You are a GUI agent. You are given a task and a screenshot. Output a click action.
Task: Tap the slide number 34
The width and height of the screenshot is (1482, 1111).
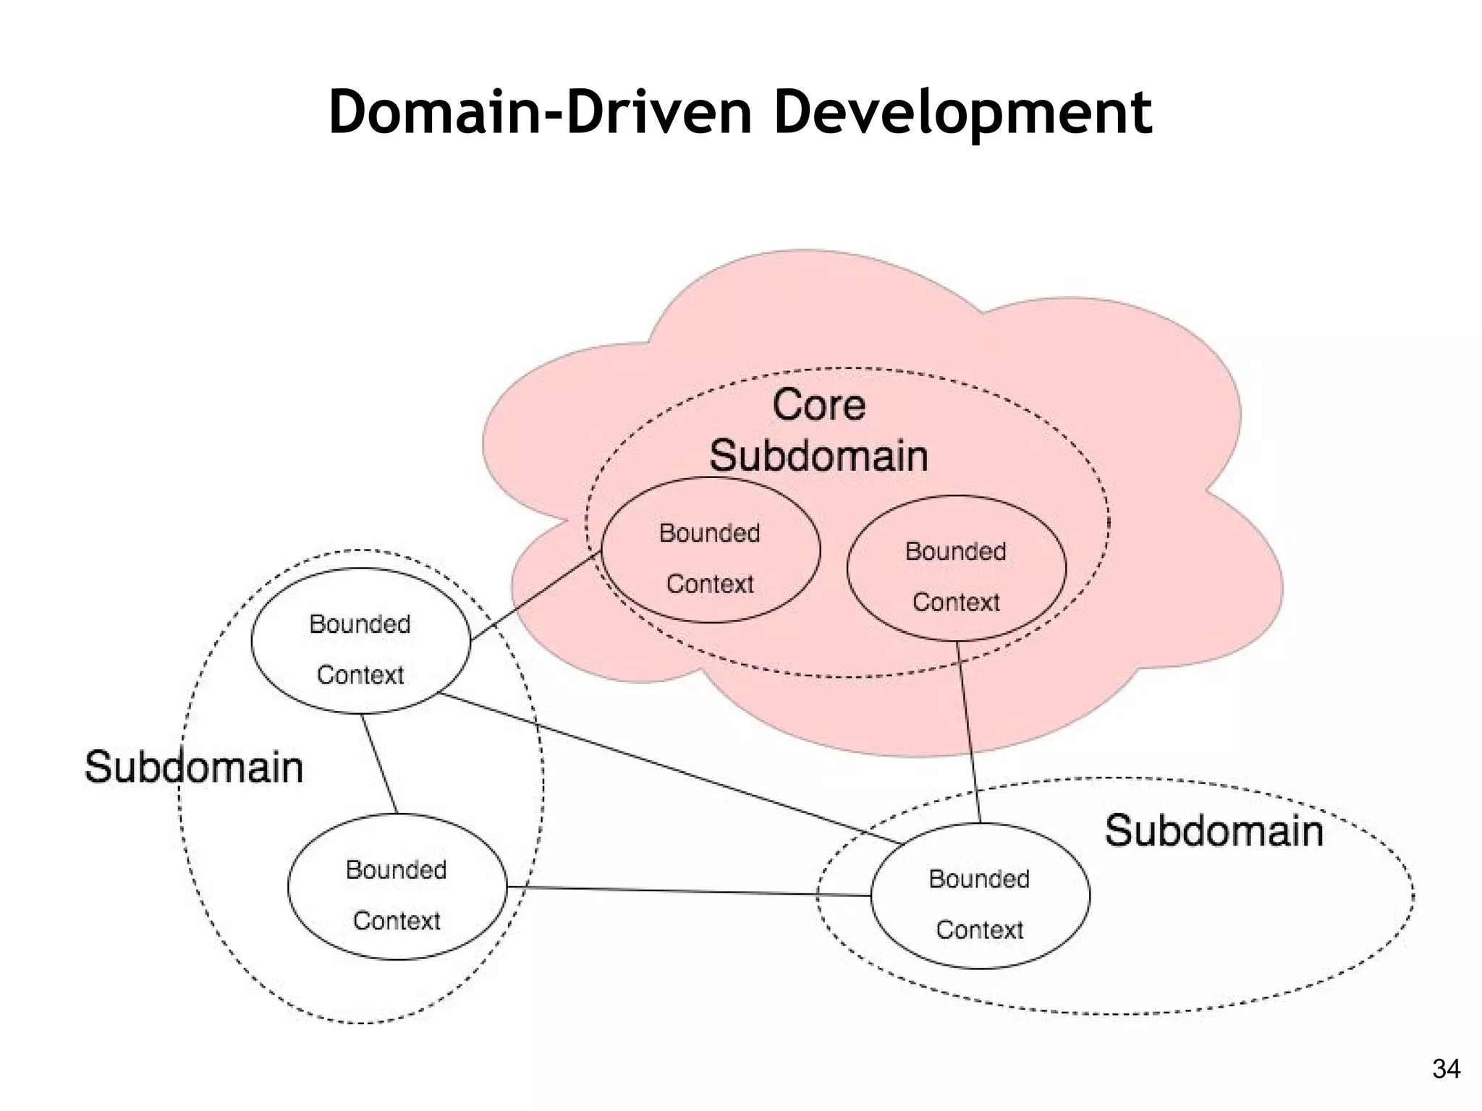tap(1446, 1068)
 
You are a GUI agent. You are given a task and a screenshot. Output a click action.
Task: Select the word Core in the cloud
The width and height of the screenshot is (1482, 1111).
tap(818, 404)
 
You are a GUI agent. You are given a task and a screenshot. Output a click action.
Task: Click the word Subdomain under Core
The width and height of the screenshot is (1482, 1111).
tap(818, 456)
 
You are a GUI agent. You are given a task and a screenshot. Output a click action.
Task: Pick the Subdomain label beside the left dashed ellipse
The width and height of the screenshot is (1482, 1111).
tap(193, 767)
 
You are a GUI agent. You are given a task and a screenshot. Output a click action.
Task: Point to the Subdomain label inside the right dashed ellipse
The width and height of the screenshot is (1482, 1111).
tap(1214, 830)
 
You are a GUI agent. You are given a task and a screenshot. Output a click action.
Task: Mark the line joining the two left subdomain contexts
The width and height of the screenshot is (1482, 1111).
tap(379, 764)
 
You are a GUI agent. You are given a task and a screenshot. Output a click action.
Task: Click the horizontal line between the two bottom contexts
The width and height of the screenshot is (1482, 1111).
tap(687, 891)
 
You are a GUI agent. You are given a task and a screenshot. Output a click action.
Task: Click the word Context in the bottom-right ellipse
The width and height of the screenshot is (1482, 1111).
tap(980, 929)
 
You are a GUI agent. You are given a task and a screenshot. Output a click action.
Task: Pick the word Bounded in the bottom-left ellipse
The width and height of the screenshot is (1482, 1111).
tap(397, 869)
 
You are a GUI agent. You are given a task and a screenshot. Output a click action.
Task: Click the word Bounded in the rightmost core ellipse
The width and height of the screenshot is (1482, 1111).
tap(956, 551)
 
